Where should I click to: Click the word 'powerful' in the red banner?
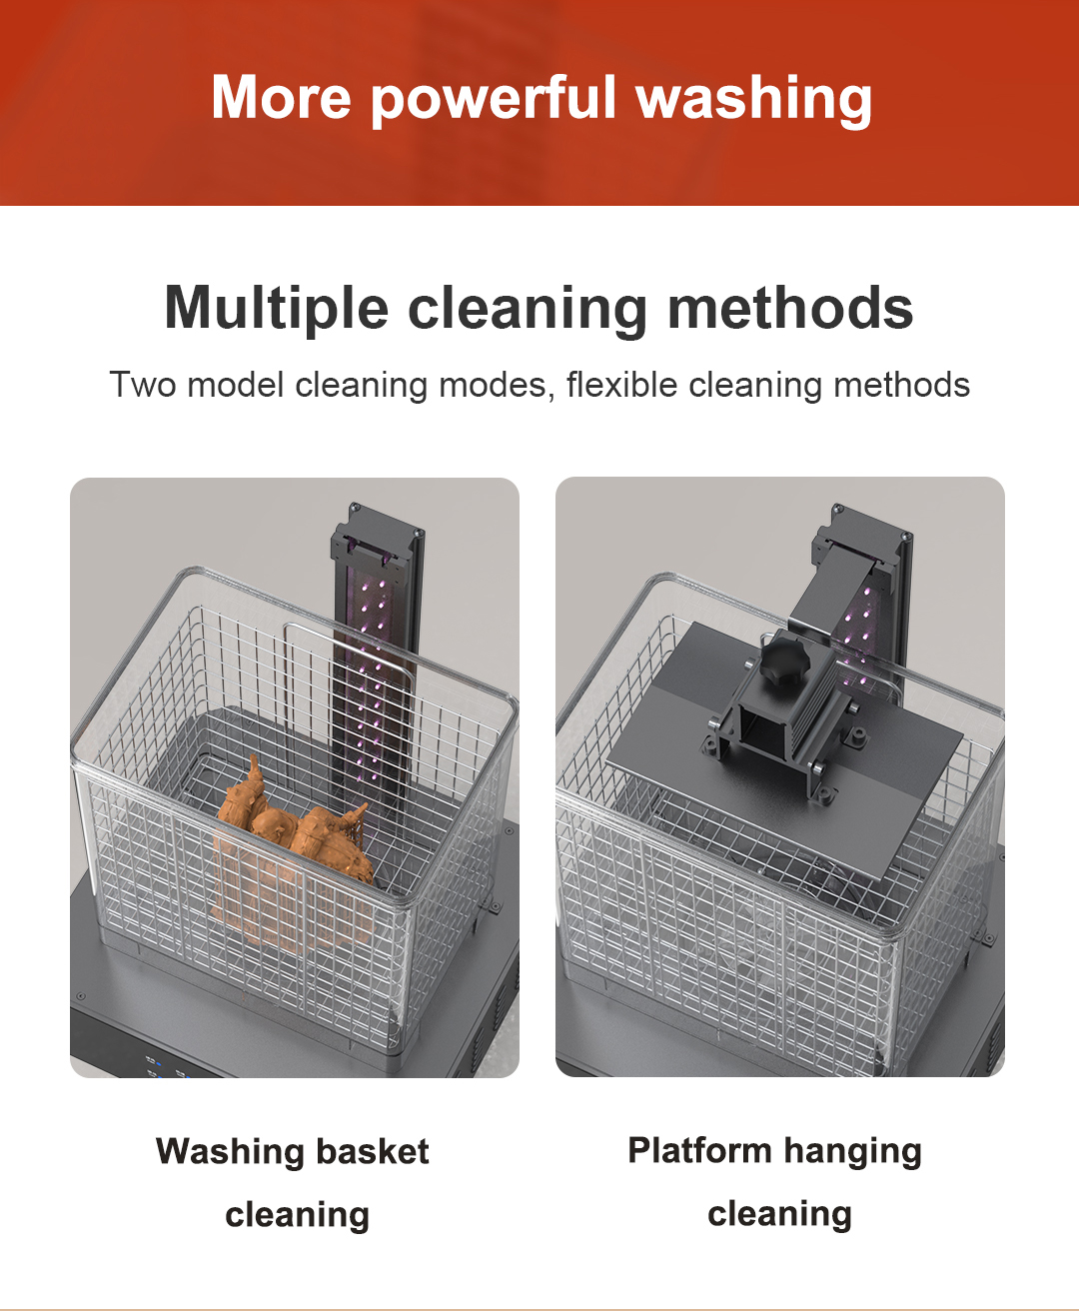coord(494,99)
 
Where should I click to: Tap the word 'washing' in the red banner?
coord(753,99)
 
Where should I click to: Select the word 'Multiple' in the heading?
coord(276,310)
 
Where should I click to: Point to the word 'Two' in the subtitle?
coord(143,384)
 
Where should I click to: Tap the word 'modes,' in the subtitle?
coord(496,385)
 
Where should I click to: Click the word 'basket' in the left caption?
coord(373,1151)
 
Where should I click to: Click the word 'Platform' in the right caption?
coord(699,1150)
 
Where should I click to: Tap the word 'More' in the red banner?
coord(281,98)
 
